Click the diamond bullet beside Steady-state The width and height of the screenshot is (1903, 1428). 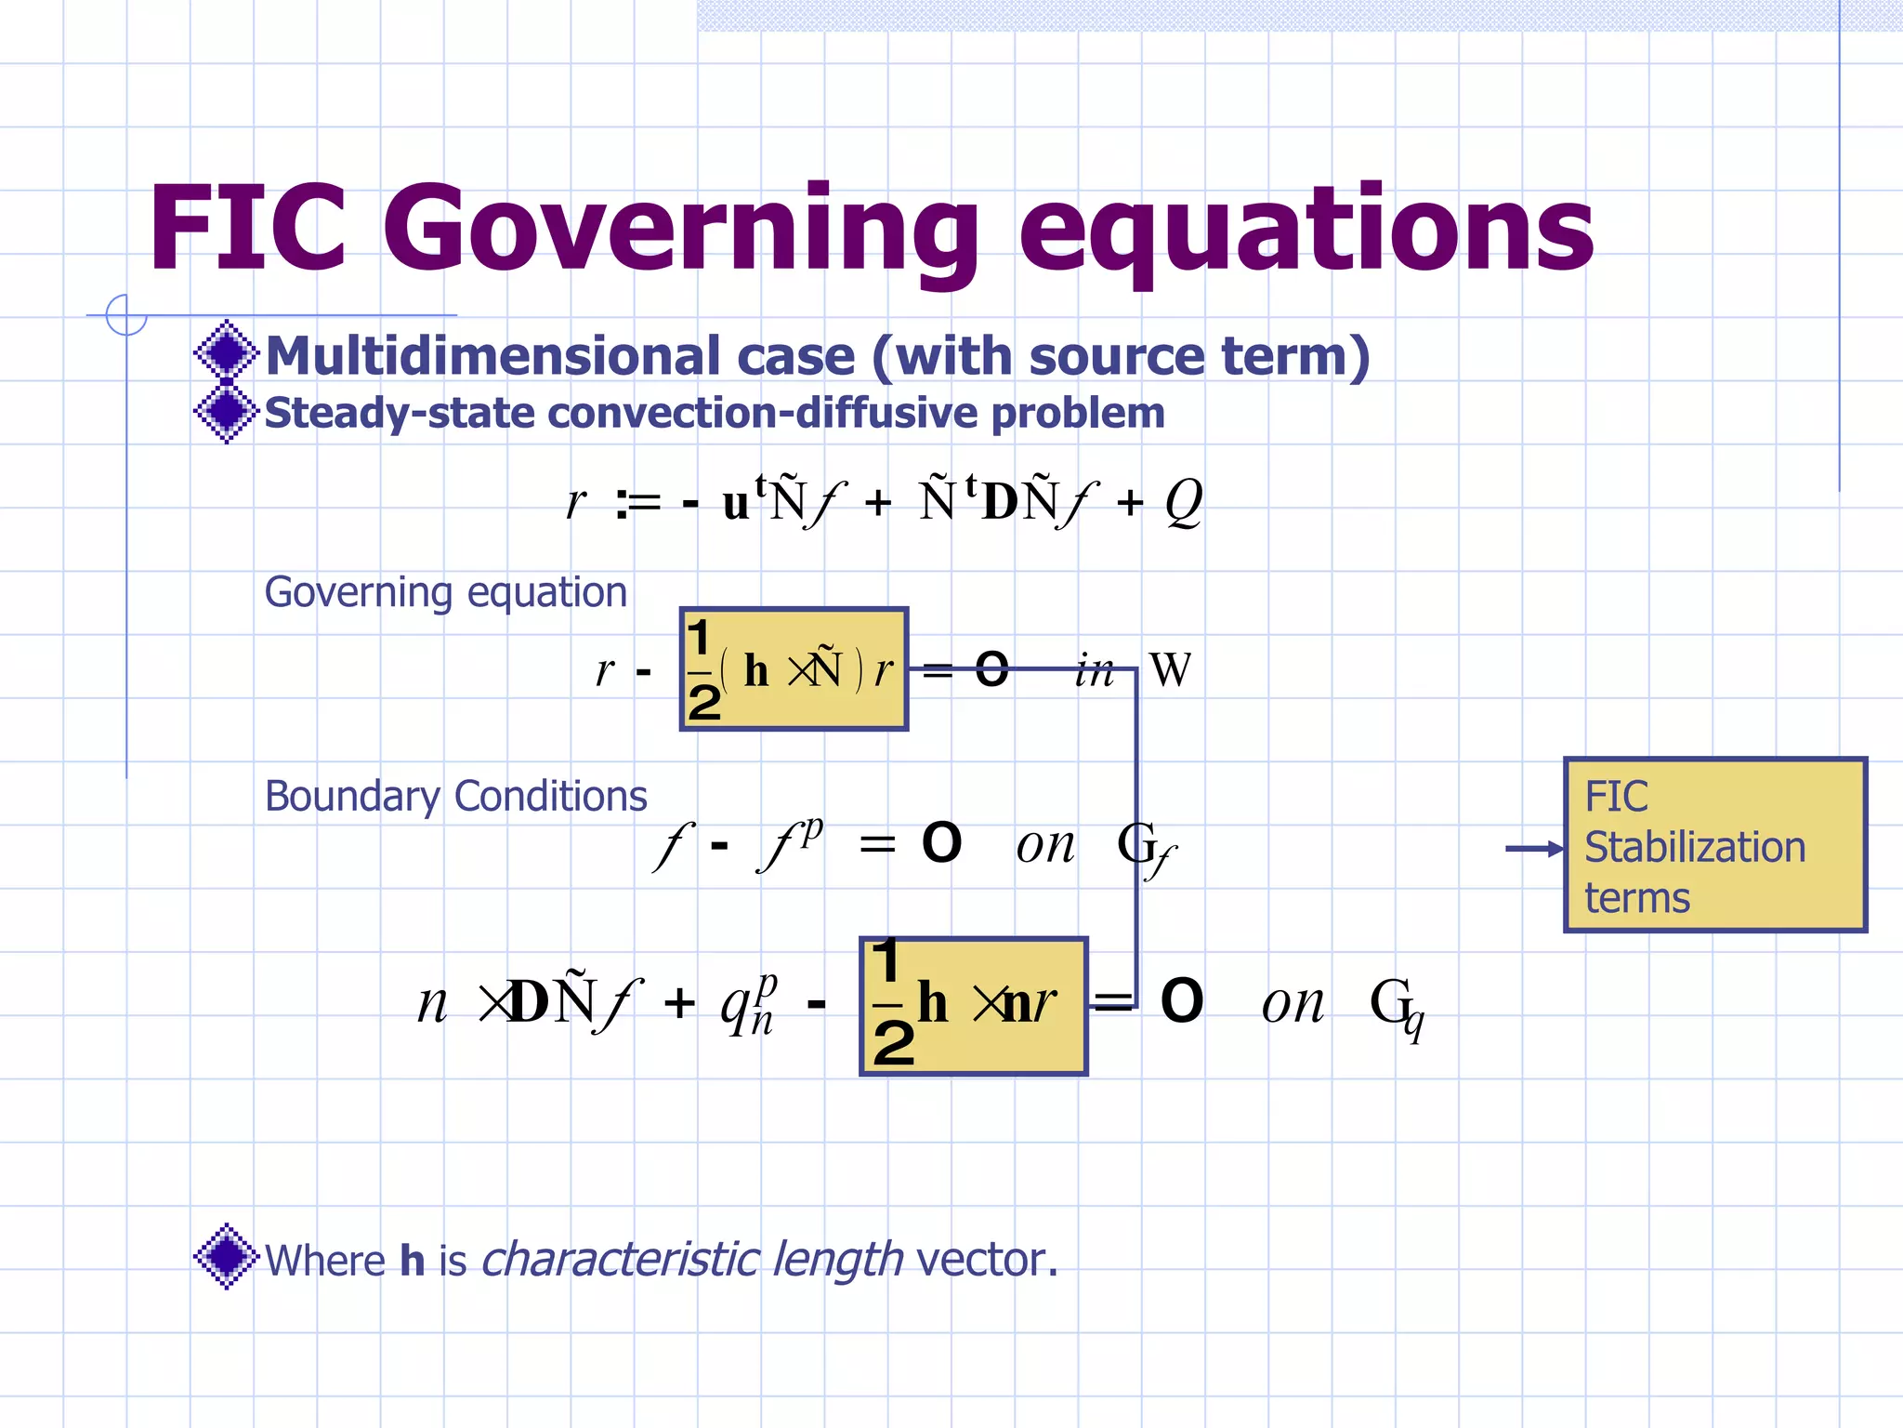pyautogui.click(x=226, y=412)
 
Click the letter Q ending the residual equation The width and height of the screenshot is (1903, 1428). pyautogui.click(x=1183, y=503)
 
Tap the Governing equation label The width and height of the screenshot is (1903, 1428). pyautogui.click(x=446, y=592)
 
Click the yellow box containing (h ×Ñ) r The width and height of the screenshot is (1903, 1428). pyautogui.click(x=794, y=669)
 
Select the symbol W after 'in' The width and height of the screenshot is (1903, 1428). pyautogui.click(x=1169, y=670)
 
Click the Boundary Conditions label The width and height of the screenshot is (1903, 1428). pyautogui.click(x=455, y=797)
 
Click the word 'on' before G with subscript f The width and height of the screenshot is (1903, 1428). pyautogui.click(x=1044, y=845)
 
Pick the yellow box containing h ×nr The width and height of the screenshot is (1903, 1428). pyautogui.click(x=973, y=1006)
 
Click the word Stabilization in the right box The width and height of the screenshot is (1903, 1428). pyautogui.click(x=1694, y=847)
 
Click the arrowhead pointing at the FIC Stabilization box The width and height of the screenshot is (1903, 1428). pyautogui.click(x=1554, y=848)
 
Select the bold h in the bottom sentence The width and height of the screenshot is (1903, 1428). pyautogui.click(x=412, y=1260)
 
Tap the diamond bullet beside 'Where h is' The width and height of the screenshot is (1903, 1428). pyautogui.click(x=226, y=1256)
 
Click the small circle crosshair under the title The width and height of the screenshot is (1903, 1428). pyautogui.click(x=126, y=315)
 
